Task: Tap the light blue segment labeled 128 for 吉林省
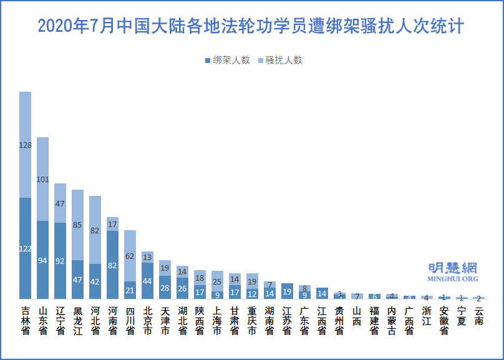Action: click(26, 145)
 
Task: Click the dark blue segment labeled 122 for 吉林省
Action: click(26, 248)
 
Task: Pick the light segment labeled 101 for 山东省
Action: click(43, 179)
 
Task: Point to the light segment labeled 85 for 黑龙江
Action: click(78, 225)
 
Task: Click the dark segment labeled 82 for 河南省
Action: click(112, 265)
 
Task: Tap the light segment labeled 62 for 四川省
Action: click(130, 256)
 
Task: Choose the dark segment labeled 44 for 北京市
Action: click(147, 281)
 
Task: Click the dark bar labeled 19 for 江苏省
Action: click(287, 291)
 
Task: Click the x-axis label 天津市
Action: click(165, 321)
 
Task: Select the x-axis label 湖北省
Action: click(182, 321)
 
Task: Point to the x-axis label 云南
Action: click(478, 316)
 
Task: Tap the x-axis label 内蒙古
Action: click(391, 321)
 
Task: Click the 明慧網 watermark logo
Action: click(453, 268)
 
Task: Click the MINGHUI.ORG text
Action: click(453, 279)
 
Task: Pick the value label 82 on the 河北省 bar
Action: click(95, 230)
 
